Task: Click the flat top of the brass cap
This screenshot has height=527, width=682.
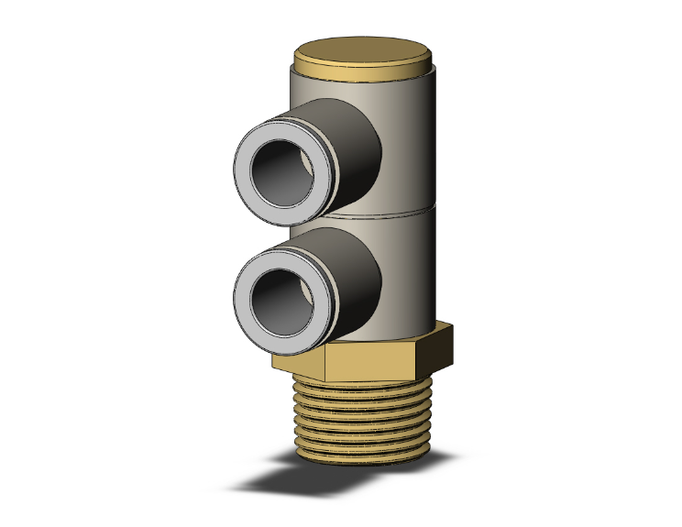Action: point(364,50)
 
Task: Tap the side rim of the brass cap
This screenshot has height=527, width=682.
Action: point(364,71)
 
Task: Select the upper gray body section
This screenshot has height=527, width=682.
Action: point(408,137)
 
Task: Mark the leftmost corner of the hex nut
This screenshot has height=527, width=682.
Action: point(272,363)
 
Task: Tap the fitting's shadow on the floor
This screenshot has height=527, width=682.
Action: point(275,481)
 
